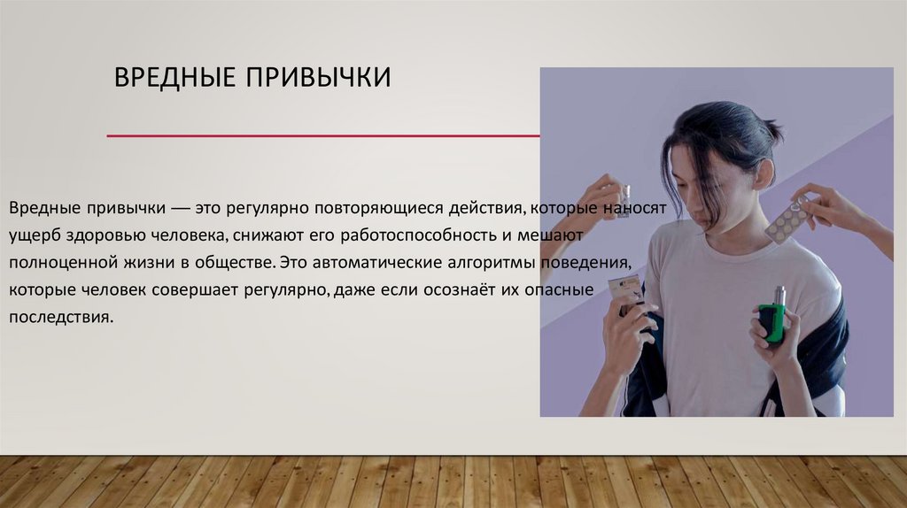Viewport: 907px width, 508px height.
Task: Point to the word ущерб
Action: [34, 236]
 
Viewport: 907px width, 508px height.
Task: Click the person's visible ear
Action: [763, 173]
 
